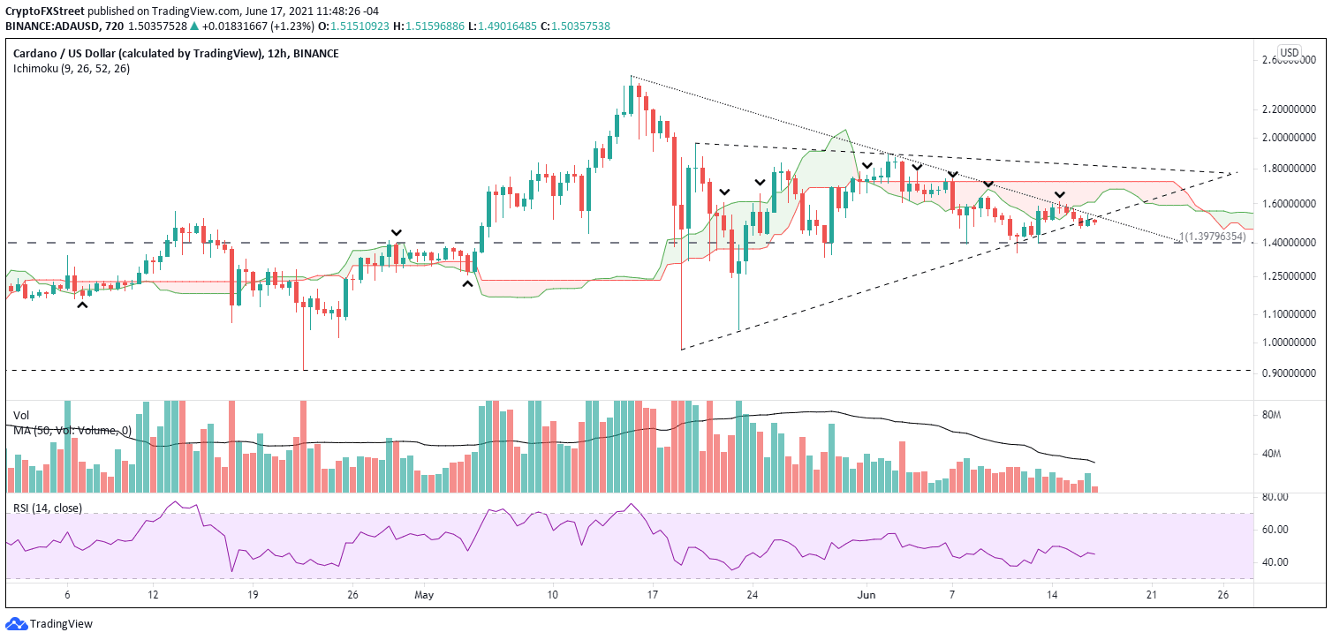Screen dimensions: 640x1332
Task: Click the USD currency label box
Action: (1290, 52)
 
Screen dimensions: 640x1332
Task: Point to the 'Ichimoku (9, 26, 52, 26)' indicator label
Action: (71, 69)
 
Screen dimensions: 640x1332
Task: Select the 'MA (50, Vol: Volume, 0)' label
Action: (72, 430)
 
